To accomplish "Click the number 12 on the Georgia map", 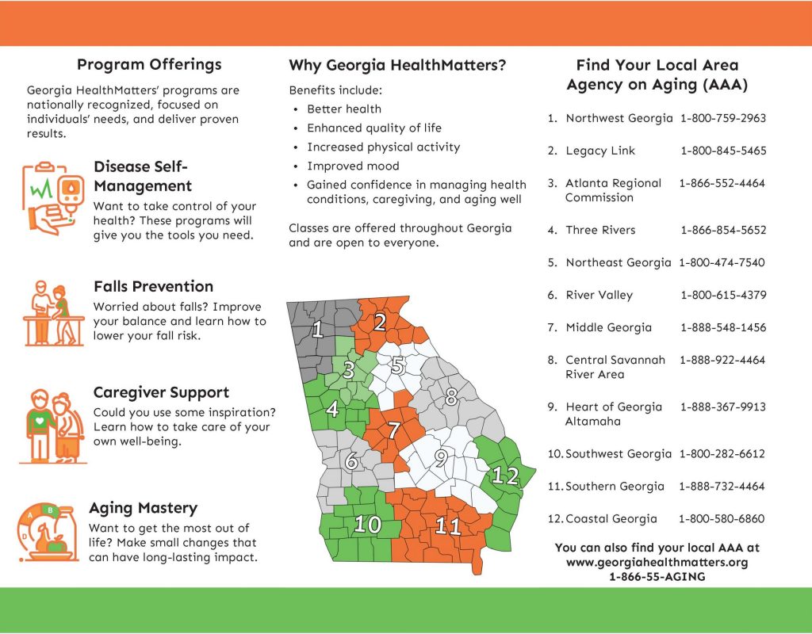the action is point(505,475).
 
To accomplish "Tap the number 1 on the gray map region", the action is point(318,329).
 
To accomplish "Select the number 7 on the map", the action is point(394,430).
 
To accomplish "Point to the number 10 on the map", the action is point(368,525).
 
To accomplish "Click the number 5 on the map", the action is point(398,365).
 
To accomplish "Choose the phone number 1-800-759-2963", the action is point(723,118).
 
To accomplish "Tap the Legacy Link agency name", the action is point(600,151).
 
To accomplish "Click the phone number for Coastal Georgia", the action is point(722,518).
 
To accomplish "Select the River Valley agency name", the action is point(599,295).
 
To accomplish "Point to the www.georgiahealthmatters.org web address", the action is point(657,562).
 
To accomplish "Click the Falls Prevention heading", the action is point(153,286).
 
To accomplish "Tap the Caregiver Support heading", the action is point(161,392).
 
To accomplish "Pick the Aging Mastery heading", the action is point(143,508).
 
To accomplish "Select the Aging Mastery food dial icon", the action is point(48,532).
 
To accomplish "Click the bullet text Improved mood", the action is point(353,166).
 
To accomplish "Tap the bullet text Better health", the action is point(344,109).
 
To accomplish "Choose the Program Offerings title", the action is point(149,65).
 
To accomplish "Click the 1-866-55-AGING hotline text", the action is point(657,577).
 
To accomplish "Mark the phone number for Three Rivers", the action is point(723,230).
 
